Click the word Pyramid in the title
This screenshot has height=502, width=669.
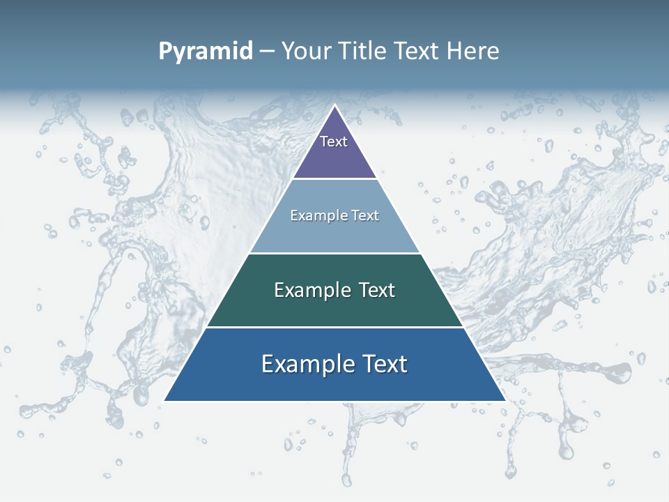[x=206, y=52]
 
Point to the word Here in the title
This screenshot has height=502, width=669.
[x=472, y=52]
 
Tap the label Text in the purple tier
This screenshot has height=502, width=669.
[x=334, y=142]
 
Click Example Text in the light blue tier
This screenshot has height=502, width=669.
[x=334, y=215]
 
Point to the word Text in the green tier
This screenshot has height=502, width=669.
[x=377, y=290]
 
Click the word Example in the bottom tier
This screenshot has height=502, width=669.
[x=305, y=364]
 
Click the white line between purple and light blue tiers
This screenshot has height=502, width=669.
[x=334, y=179]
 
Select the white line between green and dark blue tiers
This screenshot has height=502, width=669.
[x=334, y=327]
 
